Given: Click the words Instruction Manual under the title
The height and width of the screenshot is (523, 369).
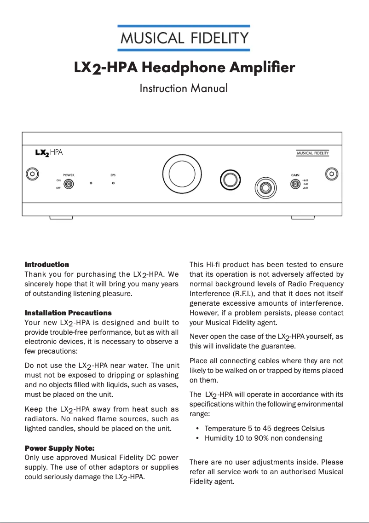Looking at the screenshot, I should coord(184,88).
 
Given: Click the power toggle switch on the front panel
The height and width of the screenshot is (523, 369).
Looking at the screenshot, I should coord(69,184).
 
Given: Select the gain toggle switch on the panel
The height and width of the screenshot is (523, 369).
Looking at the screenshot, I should coord(295,184).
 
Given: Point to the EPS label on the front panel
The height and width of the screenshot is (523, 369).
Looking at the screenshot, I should coord(113,175).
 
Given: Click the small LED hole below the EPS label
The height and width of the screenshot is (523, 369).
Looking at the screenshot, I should coord(113,183).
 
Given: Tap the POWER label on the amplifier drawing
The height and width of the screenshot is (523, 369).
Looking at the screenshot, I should coord(69,175).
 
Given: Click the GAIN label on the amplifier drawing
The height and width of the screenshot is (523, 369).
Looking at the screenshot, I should coord(295,175).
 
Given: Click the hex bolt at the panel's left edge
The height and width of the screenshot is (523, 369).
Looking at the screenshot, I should coord(31,174).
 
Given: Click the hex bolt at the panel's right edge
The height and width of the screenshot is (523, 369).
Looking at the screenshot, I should coord(331,174).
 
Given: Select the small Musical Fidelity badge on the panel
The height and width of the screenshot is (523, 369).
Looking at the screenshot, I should coord(312,153).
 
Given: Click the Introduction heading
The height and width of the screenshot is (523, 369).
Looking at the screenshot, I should coord(46,265).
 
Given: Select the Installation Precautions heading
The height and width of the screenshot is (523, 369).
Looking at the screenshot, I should coord(68,313).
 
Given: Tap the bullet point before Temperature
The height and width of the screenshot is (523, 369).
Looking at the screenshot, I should coord(197,429).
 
